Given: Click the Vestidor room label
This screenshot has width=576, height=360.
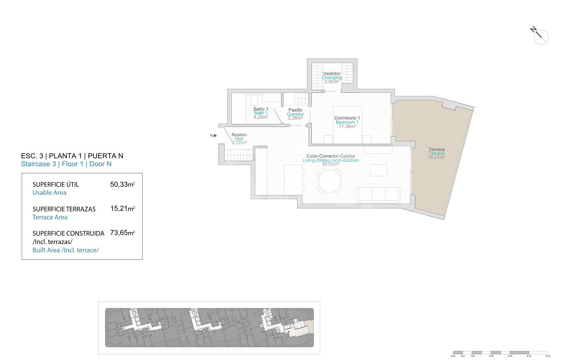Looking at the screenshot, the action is point(332,74).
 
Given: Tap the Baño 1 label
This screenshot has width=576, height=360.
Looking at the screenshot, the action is point(261,109).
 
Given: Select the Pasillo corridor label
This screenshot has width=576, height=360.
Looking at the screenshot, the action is point(295,110).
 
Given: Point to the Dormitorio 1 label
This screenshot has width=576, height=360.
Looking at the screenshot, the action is point(347,118).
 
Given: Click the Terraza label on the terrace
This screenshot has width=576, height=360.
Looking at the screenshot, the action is point(436,149).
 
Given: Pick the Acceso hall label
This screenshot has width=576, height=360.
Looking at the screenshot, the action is point(239,135).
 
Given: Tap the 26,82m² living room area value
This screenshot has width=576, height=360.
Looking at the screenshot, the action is point(331,164).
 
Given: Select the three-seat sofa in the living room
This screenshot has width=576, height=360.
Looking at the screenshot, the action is point(379,195).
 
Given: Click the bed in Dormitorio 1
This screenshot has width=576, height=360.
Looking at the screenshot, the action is point(347,125).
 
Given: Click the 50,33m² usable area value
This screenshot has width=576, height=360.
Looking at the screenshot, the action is point(122,184).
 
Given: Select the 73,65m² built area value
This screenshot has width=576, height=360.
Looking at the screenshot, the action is point(122,233).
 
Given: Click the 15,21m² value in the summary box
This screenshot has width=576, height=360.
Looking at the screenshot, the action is point(122,208).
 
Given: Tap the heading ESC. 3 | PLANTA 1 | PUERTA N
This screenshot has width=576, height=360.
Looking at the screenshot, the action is point(72,156).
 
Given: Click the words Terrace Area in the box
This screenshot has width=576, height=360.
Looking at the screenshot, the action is point(50,217).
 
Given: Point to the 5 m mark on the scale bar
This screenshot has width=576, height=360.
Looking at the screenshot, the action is point(548,356).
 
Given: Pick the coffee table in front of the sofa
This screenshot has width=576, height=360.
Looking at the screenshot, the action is point(379,170).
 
